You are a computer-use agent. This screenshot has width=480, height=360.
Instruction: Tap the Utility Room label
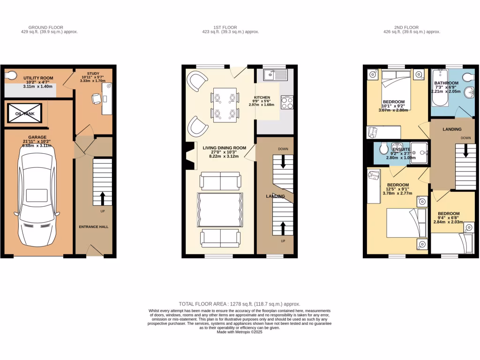click(38, 78)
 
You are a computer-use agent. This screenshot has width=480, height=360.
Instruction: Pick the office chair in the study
click(96, 98)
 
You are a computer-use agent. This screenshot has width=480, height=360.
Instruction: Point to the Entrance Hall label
click(94, 226)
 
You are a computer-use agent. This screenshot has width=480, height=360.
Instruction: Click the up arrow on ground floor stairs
click(102, 198)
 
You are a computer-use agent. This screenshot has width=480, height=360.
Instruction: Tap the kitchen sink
click(271, 74)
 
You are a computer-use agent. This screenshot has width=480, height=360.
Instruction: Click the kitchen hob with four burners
click(287, 102)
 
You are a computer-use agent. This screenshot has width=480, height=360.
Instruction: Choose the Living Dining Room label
click(225, 148)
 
